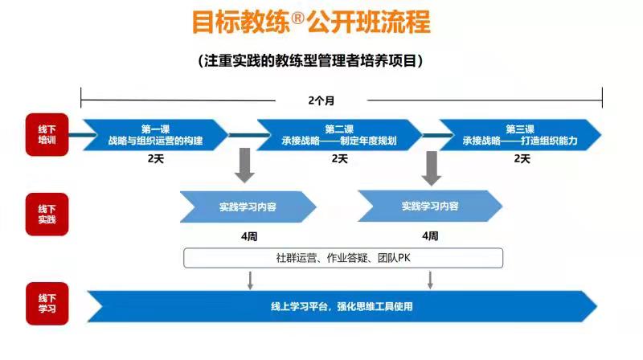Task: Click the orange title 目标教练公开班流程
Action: coord(311,22)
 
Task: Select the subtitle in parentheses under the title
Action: coord(310,61)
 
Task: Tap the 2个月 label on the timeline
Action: coord(321,100)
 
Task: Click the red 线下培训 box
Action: coord(47,134)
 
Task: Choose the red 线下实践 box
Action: coord(47,215)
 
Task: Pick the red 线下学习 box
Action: coord(47,304)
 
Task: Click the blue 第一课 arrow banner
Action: coord(155,135)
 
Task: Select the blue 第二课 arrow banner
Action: coord(339,135)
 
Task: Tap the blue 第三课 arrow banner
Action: coord(520,135)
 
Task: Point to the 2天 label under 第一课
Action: coord(156,158)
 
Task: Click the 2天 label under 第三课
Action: coord(522,158)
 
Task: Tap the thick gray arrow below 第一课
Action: coord(245,166)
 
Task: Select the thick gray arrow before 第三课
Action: coord(432,168)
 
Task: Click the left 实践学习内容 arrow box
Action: coord(248,207)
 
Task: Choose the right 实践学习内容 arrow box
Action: coord(430,207)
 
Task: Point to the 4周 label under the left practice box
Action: coord(249,236)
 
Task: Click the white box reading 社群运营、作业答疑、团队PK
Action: coord(343,258)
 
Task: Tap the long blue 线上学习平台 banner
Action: coord(342,306)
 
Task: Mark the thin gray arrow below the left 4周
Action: coord(250,280)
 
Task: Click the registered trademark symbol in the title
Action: coord(298,18)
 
